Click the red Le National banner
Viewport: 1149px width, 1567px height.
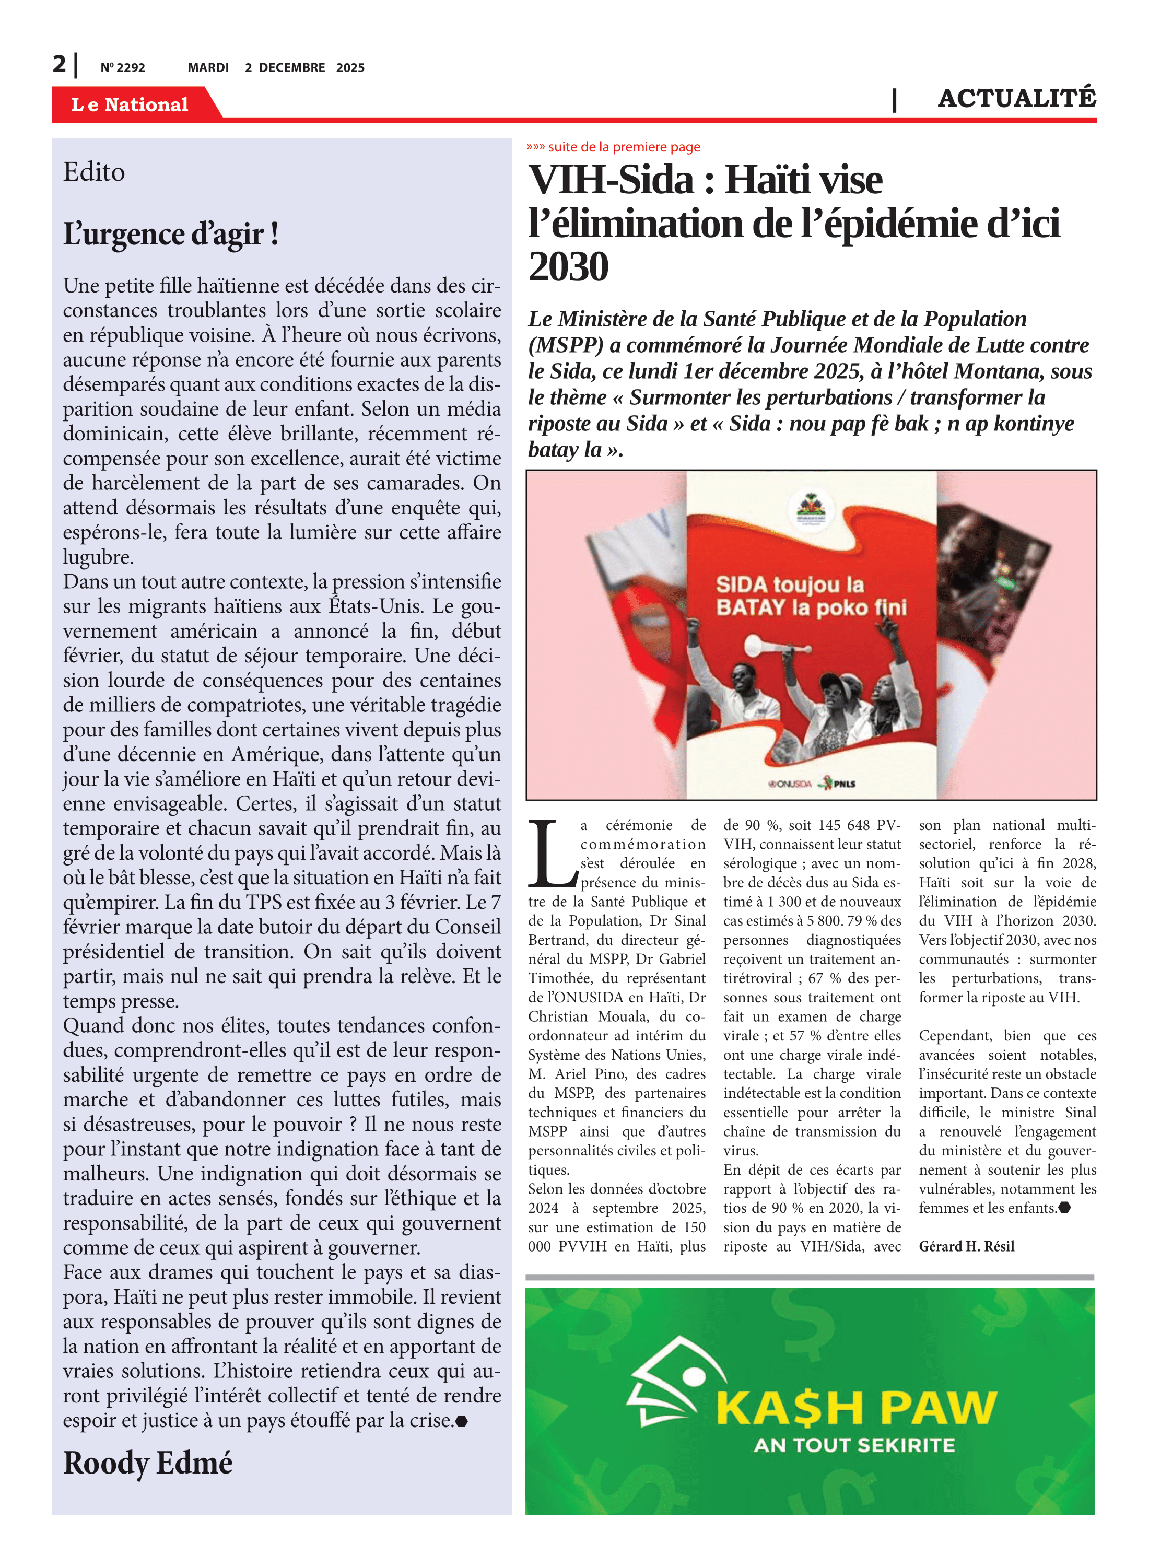(130, 104)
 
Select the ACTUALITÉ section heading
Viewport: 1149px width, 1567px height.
(1016, 99)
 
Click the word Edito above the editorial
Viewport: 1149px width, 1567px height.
(94, 172)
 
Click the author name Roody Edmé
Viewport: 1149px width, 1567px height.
(147, 1463)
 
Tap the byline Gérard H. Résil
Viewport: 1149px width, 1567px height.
(966, 1246)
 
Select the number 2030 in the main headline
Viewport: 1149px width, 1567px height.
(568, 266)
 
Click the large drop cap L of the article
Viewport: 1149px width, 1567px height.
(552, 855)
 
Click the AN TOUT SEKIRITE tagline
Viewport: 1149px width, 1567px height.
(854, 1445)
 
